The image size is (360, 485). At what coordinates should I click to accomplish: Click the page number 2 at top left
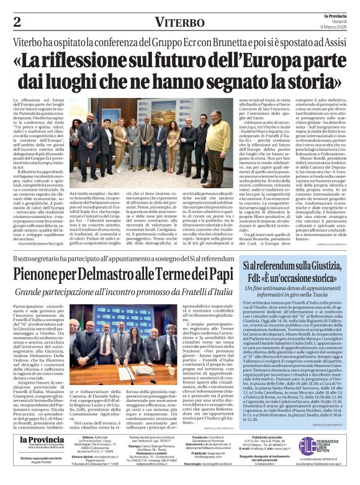point(17,22)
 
